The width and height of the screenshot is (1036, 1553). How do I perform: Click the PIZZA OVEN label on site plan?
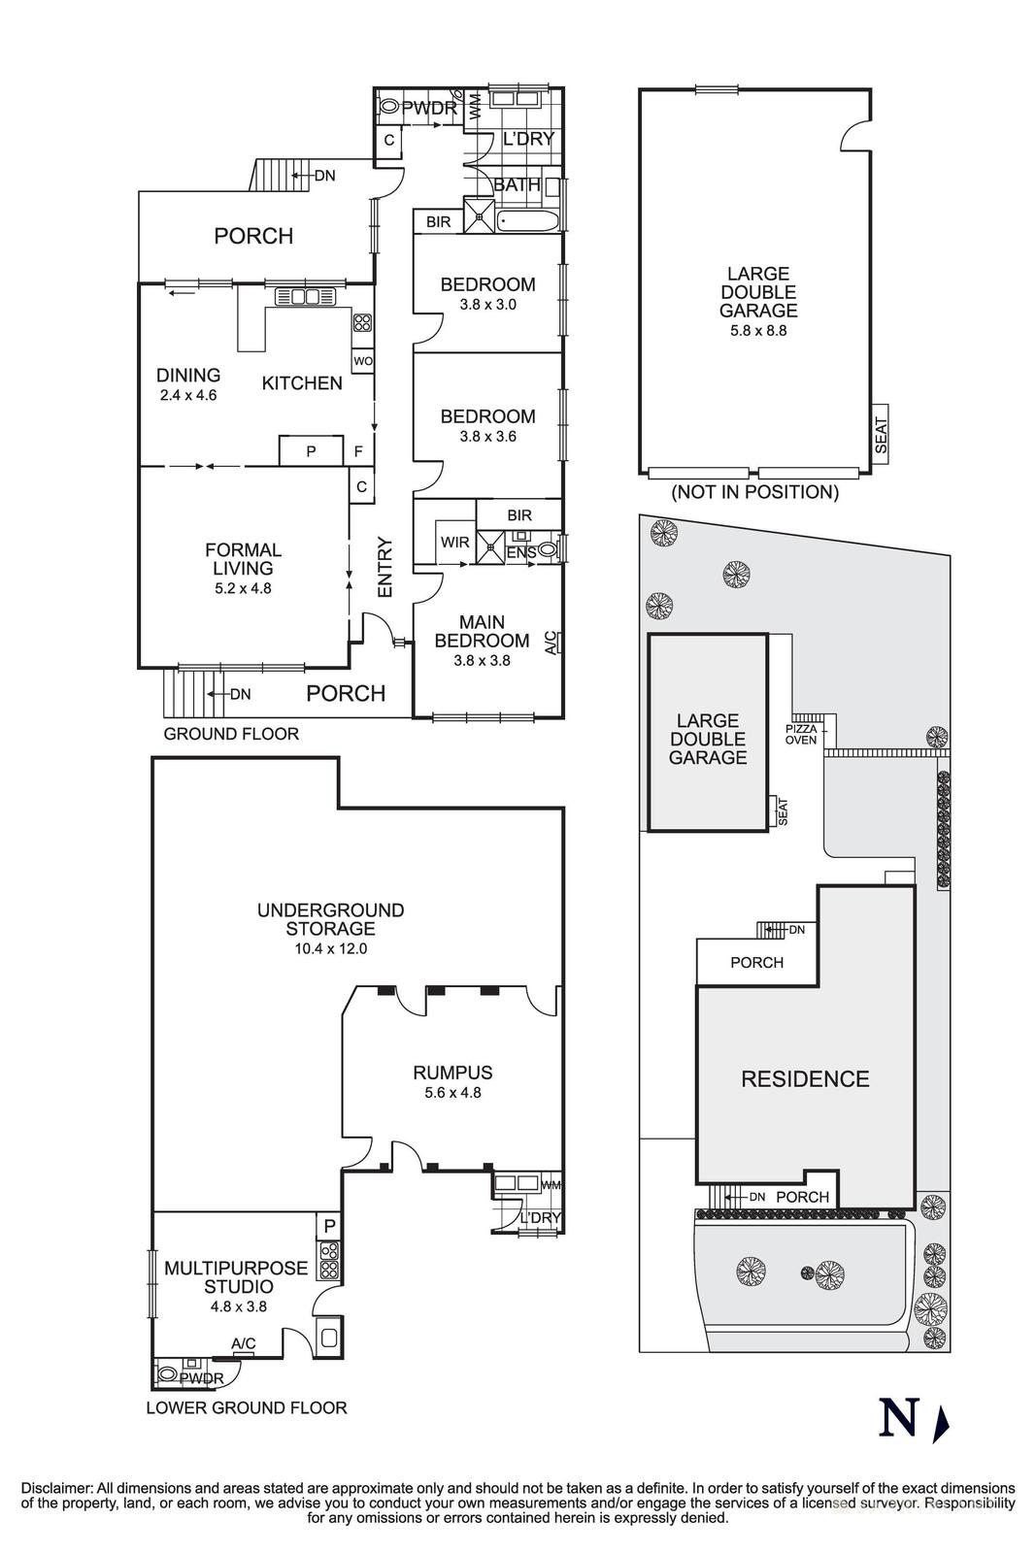[x=801, y=734]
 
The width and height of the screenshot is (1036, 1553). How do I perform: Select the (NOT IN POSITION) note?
[x=754, y=492]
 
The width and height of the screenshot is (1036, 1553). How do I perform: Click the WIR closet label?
[x=454, y=542]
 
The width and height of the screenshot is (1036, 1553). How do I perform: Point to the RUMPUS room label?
[x=452, y=1073]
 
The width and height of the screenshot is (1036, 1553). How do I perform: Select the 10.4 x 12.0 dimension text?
[x=330, y=948]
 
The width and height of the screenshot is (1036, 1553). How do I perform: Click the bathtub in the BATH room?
[x=529, y=221]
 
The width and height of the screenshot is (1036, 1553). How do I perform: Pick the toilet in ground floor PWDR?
[x=388, y=109]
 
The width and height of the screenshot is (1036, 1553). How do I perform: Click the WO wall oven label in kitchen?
[x=362, y=361]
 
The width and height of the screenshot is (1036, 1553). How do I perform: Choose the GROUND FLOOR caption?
[x=231, y=734]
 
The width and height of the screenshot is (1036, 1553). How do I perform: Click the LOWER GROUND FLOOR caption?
[x=246, y=1407]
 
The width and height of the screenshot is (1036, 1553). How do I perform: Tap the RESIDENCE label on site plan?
[x=805, y=1079]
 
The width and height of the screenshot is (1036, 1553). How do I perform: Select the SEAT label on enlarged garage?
[x=882, y=435]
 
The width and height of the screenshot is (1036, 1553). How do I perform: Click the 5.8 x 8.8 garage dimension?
[x=758, y=330]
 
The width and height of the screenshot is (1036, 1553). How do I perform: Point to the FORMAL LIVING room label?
[x=243, y=559]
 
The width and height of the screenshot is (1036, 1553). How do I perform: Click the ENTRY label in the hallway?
[x=384, y=567]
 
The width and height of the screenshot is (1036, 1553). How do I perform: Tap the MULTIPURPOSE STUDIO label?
[x=236, y=1277]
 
